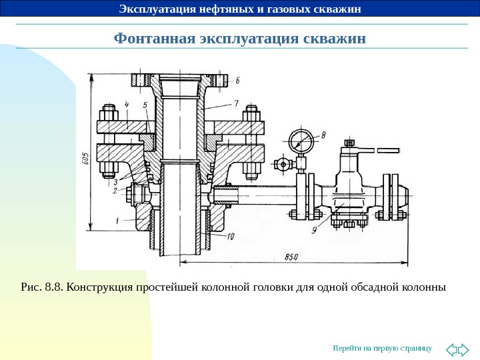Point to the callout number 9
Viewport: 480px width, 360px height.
click(x=313, y=231)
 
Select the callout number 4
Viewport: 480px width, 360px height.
click(x=126, y=104)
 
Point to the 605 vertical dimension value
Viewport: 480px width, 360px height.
click(x=85, y=159)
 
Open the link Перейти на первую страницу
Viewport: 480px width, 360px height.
click(x=383, y=348)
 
